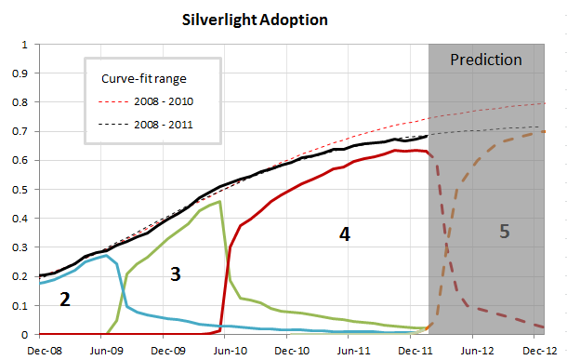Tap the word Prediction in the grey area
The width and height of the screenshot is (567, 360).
(485, 60)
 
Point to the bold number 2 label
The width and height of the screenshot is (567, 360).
(65, 300)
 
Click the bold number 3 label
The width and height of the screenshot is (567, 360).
(175, 273)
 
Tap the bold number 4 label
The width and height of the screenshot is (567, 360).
(344, 235)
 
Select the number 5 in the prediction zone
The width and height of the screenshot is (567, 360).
(505, 232)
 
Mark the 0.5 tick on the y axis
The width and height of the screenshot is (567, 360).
(25, 189)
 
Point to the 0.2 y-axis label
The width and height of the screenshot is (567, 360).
(25, 276)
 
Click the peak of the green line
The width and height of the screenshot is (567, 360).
(219, 201)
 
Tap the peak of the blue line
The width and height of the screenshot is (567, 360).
(107, 256)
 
